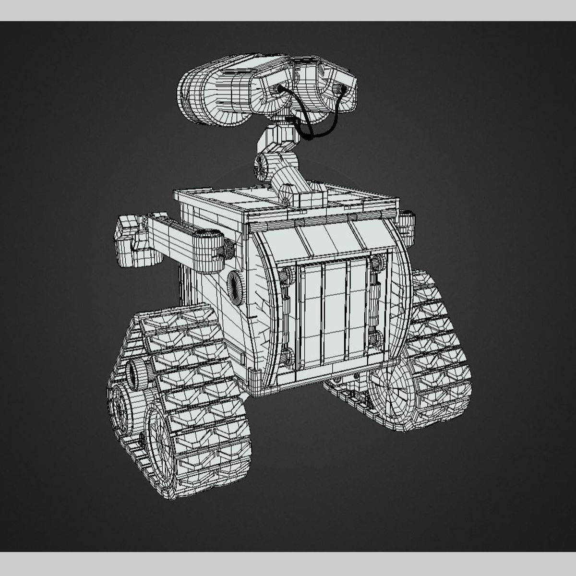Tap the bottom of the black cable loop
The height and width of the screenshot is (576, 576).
312,137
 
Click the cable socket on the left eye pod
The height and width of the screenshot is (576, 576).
278,89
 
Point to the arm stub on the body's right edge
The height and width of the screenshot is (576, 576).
407,226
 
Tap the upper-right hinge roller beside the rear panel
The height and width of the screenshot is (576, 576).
377,263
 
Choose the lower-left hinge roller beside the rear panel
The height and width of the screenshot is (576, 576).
287,357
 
